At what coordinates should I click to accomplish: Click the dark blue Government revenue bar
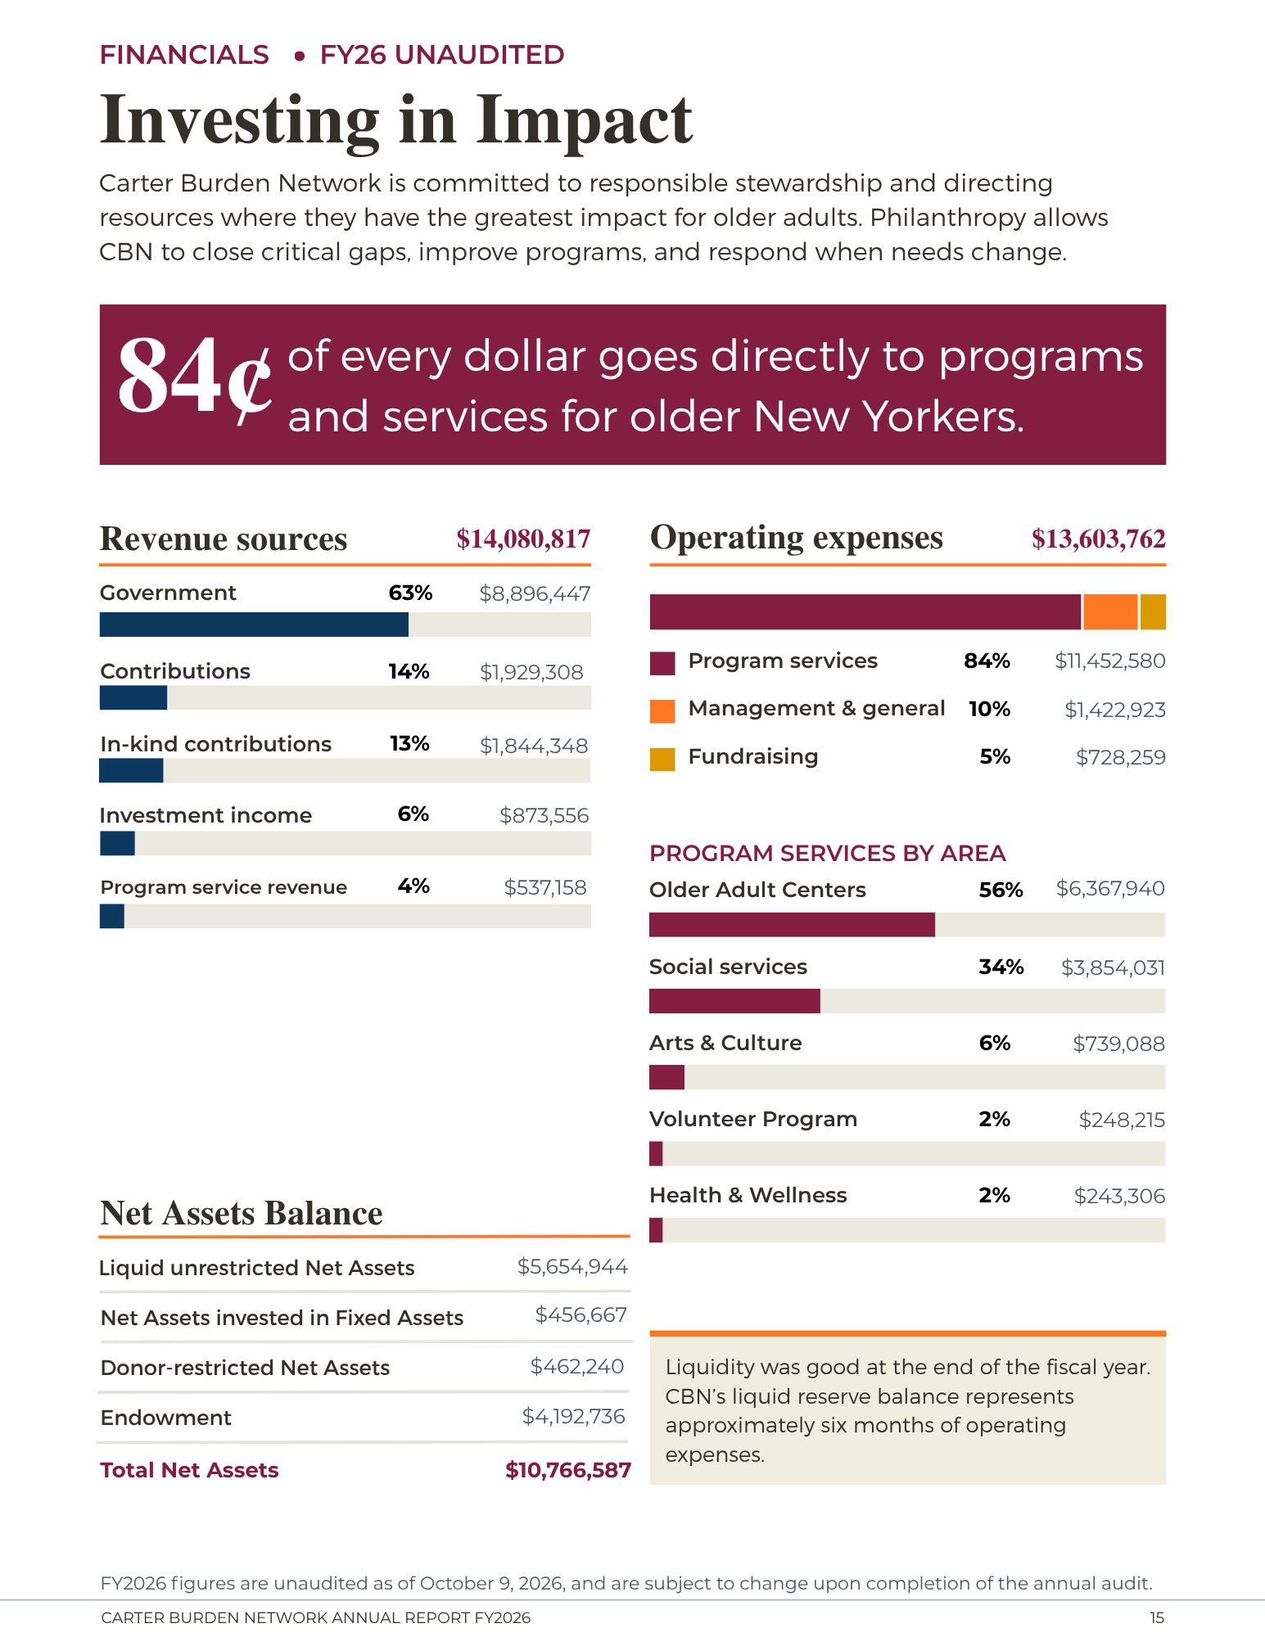pos(254,625)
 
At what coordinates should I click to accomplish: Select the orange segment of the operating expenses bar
pos(1110,612)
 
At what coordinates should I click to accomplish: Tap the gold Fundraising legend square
pos(662,759)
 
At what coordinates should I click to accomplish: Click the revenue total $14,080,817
pos(523,539)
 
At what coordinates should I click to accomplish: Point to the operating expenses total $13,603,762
pos(1099,539)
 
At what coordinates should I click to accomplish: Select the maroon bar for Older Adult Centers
pos(792,925)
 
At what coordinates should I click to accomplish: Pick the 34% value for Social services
pos(1001,967)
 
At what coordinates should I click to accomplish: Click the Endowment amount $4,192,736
pos(574,1416)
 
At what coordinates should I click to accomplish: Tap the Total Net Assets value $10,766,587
pos(568,1470)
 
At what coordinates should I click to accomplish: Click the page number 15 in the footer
pos(1157,1617)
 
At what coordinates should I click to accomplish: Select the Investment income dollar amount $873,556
pos(544,815)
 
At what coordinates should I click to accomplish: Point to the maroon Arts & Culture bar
pos(666,1077)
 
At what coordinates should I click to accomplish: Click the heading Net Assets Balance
pos(242,1213)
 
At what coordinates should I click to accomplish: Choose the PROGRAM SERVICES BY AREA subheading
pos(827,853)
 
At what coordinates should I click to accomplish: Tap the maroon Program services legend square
pos(662,663)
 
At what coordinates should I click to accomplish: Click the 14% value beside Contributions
pos(409,671)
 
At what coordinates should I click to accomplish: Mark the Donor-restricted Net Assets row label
pos(245,1368)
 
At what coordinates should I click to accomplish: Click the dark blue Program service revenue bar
pos(112,916)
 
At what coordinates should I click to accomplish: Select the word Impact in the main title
pos(585,121)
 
